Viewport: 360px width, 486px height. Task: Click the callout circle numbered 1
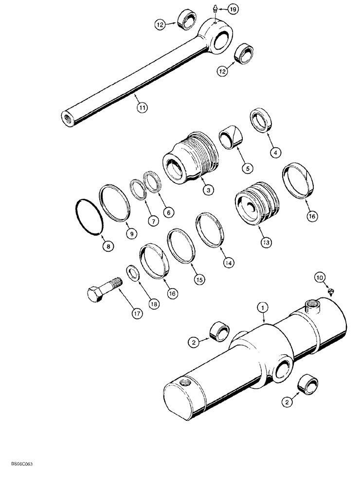263,307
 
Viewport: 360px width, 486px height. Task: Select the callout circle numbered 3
194,191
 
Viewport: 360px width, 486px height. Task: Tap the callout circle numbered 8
108,246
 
